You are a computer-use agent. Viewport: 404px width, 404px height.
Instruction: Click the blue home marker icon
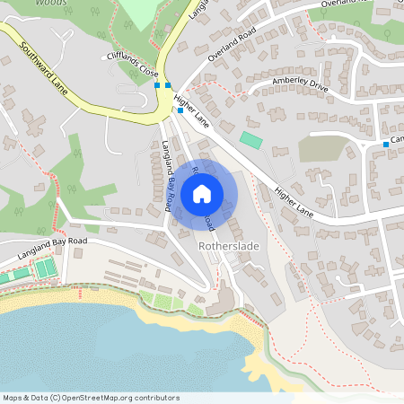pos(202,193)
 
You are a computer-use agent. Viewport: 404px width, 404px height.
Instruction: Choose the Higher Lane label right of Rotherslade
pos(294,202)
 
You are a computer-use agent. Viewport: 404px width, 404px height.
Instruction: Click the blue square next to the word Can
pos(386,144)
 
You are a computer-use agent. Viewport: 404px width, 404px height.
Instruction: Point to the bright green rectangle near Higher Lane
pos(250,141)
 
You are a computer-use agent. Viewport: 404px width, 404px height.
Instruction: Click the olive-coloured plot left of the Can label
pos(322,148)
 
